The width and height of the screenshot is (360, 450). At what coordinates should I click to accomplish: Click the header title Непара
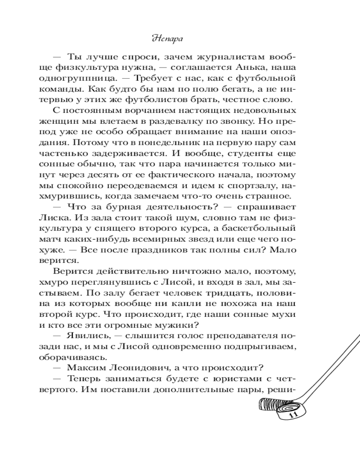(x=180, y=39)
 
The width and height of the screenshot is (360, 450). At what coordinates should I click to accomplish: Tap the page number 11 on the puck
(x=293, y=415)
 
